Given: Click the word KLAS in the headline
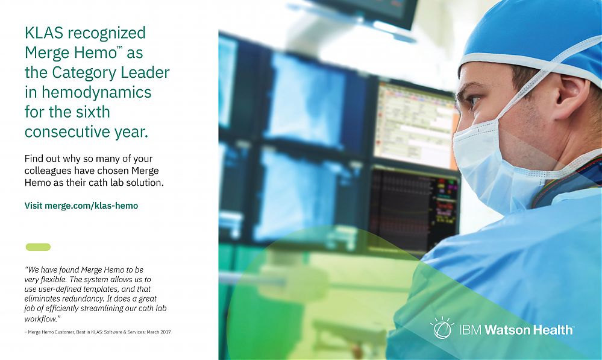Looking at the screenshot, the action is click(x=44, y=33).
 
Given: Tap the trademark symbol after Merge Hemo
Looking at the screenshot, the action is click(x=119, y=48).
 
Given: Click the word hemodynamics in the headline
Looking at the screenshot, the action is click(x=96, y=92).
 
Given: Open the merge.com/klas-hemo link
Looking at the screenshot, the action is click(x=92, y=206).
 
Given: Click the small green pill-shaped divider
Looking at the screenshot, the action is click(x=38, y=247).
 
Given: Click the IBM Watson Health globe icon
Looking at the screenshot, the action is click(x=442, y=328).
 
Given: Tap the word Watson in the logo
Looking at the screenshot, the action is click(x=506, y=330).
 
